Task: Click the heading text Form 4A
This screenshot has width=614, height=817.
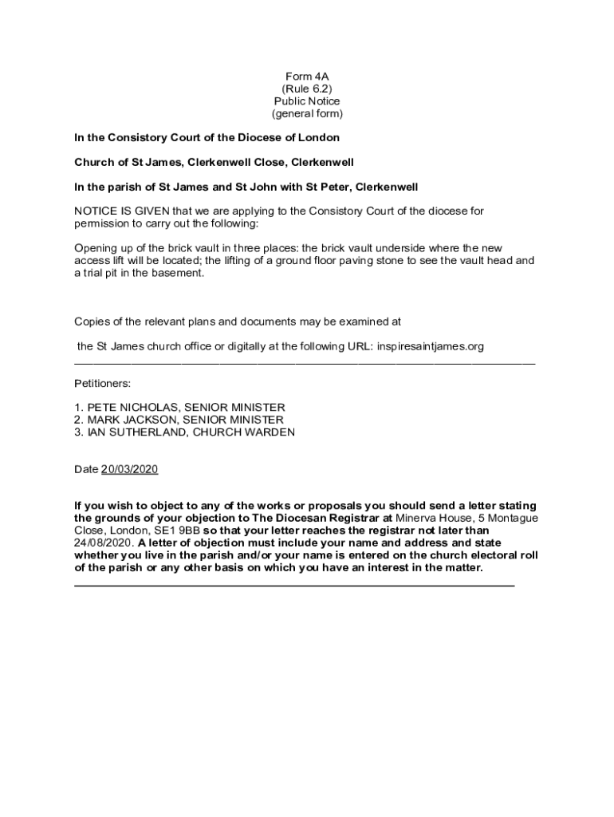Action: coord(307,77)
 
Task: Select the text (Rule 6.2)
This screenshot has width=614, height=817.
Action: coord(307,89)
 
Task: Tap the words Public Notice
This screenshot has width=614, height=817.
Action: coord(307,101)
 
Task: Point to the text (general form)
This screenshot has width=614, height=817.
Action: coord(307,114)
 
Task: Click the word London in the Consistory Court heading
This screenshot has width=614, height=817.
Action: coord(321,138)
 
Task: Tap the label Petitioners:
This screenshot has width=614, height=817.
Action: coord(102,383)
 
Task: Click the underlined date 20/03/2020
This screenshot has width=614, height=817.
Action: coord(130,469)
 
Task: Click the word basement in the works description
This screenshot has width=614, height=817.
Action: coord(180,273)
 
